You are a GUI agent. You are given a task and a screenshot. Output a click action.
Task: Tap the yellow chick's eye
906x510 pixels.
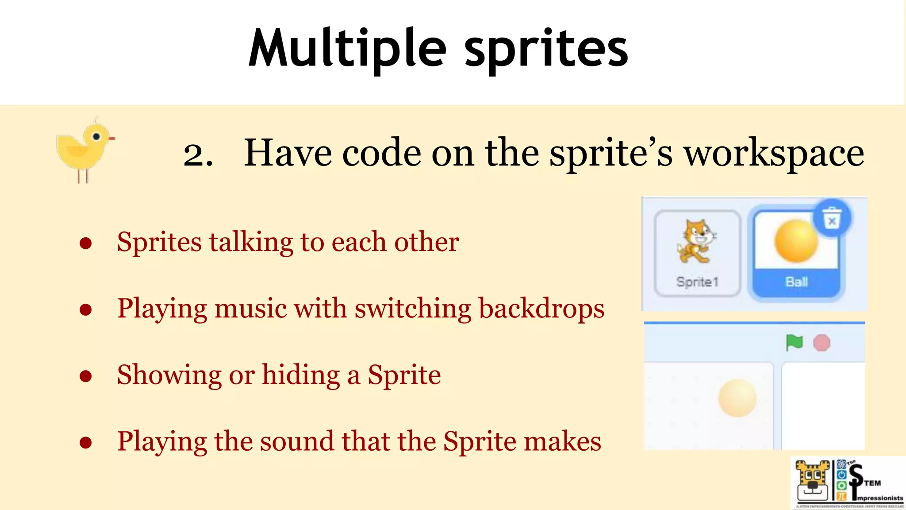pos(96,136)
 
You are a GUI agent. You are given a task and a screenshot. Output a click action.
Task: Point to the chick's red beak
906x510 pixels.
pos(111,139)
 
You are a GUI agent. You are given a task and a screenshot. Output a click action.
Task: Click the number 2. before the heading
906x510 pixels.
pos(198,155)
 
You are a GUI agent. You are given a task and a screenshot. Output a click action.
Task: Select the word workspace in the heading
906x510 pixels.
pos(774,154)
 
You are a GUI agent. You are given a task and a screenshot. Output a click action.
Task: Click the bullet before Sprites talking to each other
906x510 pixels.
pos(86,243)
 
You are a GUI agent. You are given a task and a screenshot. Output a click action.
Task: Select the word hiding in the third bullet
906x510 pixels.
pos(301,375)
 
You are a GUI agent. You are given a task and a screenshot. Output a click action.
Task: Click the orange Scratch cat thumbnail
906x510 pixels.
pos(696,242)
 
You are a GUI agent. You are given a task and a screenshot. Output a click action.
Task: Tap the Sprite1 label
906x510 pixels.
pos(697,282)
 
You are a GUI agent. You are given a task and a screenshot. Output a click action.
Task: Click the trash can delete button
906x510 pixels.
pos(832,219)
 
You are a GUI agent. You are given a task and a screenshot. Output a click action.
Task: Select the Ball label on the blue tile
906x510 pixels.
pos(796,282)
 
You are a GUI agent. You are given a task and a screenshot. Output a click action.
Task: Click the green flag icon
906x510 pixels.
pos(794,342)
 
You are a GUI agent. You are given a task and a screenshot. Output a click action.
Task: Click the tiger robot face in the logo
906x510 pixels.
pos(813,483)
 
